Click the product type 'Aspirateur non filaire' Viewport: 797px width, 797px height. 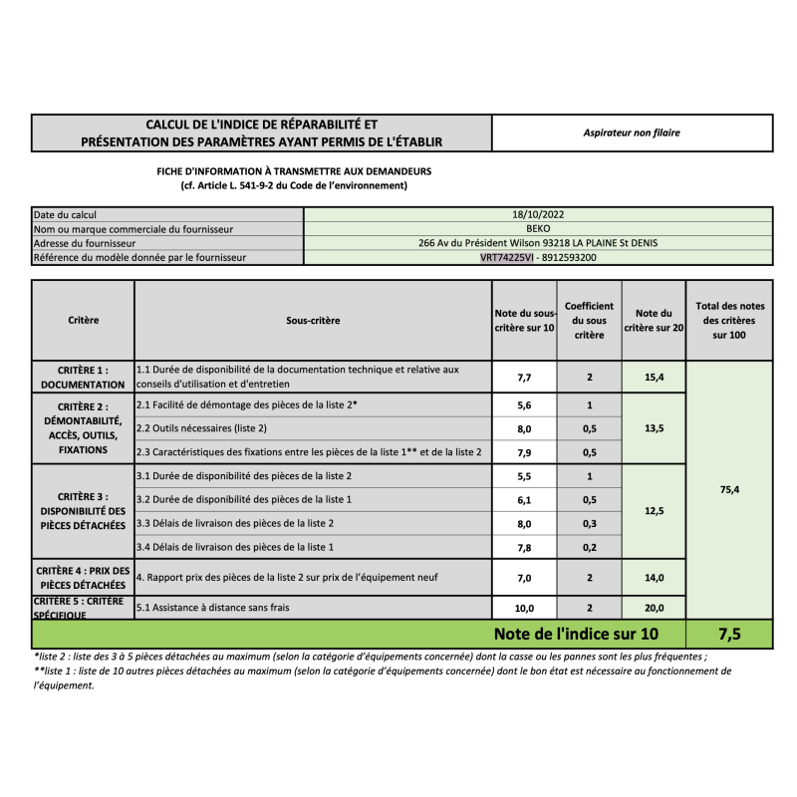(x=632, y=133)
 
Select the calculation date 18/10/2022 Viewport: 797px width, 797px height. (x=538, y=214)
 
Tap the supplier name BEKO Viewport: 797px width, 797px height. (x=538, y=228)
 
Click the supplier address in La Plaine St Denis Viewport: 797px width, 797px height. (x=538, y=242)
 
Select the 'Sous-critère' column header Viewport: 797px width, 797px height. (x=313, y=321)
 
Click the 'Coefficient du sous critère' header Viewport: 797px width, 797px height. (x=590, y=321)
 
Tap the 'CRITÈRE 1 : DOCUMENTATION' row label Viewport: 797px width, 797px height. (x=84, y=377)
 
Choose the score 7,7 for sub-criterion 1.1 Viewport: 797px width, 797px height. (x=524, y=378)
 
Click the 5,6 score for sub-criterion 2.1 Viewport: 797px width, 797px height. (x=524, y=405)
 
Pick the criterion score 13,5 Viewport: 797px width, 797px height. (x=654, y=428)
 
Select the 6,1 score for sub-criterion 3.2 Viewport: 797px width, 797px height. (x=524, y=499)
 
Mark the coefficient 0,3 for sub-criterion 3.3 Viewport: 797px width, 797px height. (x=590, y=523)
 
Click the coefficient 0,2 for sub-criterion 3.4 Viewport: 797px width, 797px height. (x=590, y=547)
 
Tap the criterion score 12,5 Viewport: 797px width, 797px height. (x=654, y=511)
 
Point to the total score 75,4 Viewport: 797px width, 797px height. (x=730, y=489)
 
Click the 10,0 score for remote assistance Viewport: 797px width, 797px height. (x=524, y=608)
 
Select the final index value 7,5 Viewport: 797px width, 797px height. (x=730, y=634)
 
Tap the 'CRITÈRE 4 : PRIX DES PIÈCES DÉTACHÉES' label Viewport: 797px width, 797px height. (x=84, y=577)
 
